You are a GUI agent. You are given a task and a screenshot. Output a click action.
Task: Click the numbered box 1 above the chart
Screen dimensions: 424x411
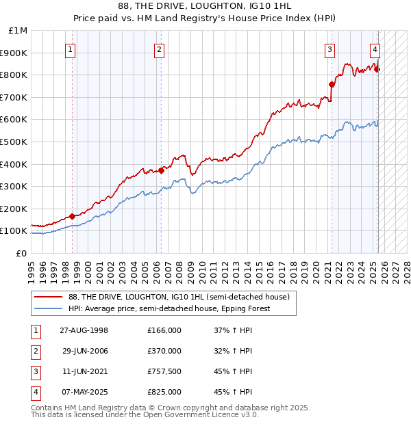click(72, 49)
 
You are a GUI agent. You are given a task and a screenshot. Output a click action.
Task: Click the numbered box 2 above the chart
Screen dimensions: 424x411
click(159, 49)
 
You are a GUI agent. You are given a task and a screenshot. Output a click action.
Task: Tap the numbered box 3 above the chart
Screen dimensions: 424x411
click(329, 49)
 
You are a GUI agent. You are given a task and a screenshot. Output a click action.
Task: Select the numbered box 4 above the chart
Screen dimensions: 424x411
click(375, 49)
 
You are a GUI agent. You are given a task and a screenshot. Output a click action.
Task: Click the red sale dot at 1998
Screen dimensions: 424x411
click(72, 216)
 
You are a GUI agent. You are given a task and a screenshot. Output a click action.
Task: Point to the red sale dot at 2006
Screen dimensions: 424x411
click(161, 170)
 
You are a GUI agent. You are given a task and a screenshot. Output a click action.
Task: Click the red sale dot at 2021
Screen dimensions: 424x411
click(332, 85)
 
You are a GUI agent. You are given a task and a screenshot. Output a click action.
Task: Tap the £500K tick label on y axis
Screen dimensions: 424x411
click(14, 142)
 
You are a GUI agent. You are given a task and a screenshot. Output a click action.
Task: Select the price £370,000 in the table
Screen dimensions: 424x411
click(164, 352)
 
